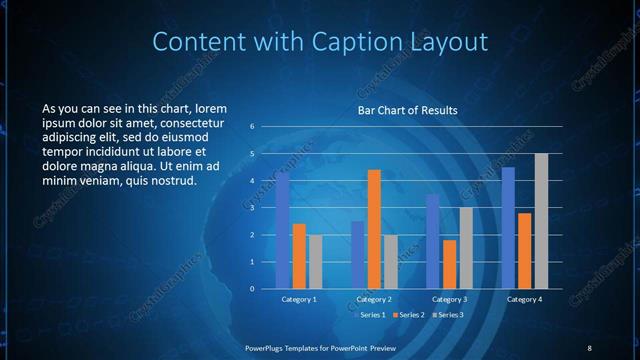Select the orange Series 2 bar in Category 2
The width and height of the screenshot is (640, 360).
click(x=374, y=229)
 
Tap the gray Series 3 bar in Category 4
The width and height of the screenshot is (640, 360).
click(x=541, y=221)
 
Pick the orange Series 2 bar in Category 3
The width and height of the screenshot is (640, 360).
click(x=449, y=264)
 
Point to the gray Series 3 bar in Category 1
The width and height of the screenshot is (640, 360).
click(x=315, y=262)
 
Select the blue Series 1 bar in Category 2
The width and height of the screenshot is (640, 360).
click(x=357, y=255)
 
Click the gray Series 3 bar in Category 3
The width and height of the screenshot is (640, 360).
click(x=466, y=248)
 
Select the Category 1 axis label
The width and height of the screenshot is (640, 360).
click(x=299, y=299)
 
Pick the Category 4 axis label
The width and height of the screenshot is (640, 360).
click(x=524, y=299)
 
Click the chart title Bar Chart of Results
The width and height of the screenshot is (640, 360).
click(x=408, y=110)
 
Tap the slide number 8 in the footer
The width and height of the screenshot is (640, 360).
click(x=589, y=347)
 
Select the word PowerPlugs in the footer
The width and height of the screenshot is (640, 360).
click(x=268, y=347)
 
